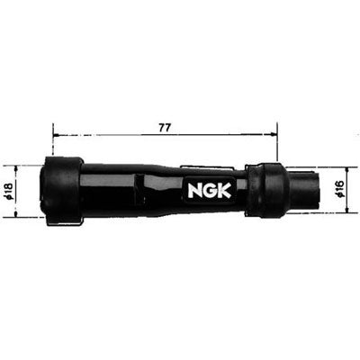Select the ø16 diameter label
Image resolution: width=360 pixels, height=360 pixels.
339,189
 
